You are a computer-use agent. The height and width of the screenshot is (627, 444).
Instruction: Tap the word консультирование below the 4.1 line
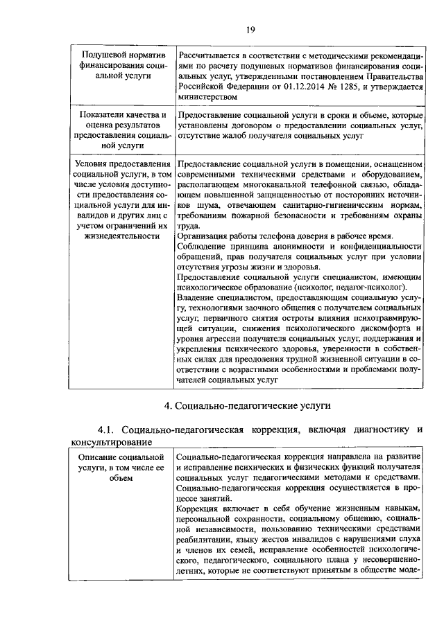111,442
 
